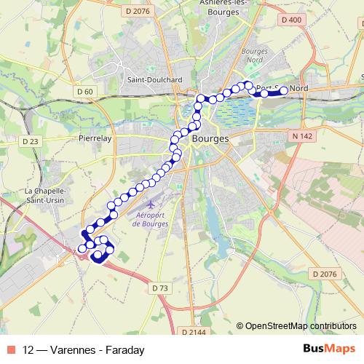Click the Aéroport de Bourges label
click(152, 218)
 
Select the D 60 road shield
click(86, 91)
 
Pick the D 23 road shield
click(31, 141)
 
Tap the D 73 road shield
click(161, 288)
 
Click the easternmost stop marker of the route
click(284, 91)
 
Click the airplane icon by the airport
click(151, 199)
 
